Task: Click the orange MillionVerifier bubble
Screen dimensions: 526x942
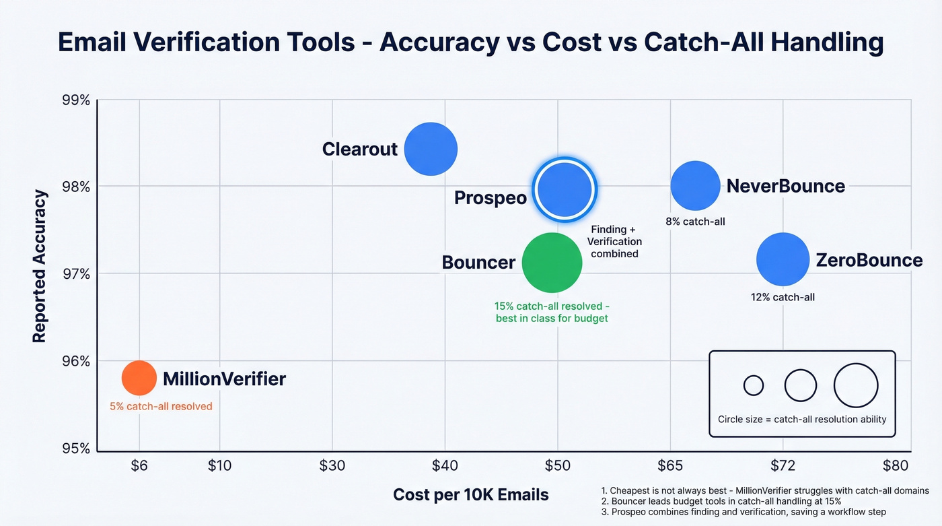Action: coord(139,378)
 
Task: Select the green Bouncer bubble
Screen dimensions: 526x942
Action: coord(552,263)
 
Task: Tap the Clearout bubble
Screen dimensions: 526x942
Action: coord(431,149)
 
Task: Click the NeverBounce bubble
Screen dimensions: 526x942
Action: coord(695,186)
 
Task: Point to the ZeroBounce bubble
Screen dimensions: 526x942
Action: coord(783,259)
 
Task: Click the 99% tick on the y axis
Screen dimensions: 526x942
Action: coord(75,100)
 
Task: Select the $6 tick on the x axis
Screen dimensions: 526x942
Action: coord(139,465)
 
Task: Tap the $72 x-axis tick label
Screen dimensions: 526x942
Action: coord(783,465)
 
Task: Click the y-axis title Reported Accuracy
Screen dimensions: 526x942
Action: coord(40,266)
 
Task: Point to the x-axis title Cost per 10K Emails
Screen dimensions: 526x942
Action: coord(471,495)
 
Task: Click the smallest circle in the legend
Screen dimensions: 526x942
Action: coord(754,386)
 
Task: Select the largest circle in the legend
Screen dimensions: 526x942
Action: coord(856,386)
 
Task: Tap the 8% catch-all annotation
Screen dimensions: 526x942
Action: coord(695,221)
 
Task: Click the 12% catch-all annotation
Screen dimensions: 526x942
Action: coord(783,296)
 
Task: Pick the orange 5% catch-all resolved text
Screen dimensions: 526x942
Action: coord(161,406)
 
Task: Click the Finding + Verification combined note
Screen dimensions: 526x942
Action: coord(614,242)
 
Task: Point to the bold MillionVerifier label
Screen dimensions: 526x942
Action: coord(224,379)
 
